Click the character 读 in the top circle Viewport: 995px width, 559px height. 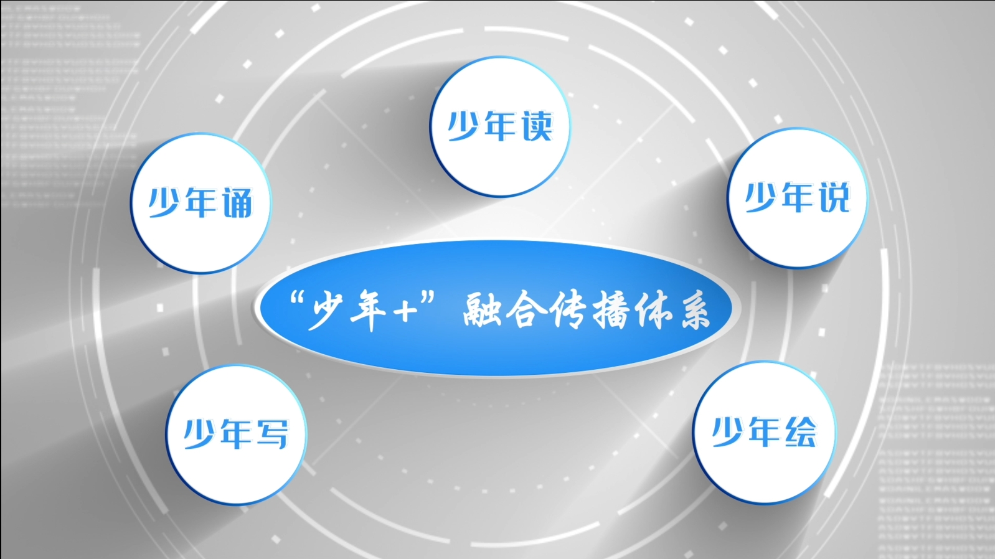[537, 126]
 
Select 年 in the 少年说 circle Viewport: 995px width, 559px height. [798, 197]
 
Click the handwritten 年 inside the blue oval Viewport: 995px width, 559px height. [368, 311]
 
